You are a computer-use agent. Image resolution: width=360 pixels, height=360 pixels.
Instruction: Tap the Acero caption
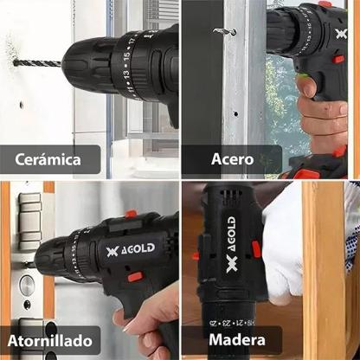232,159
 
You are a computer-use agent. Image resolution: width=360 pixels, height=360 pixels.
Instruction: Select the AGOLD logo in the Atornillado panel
131,250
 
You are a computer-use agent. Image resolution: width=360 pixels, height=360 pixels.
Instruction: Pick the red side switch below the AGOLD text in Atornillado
135,277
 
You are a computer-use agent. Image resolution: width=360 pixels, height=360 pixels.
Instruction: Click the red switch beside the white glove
256,249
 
